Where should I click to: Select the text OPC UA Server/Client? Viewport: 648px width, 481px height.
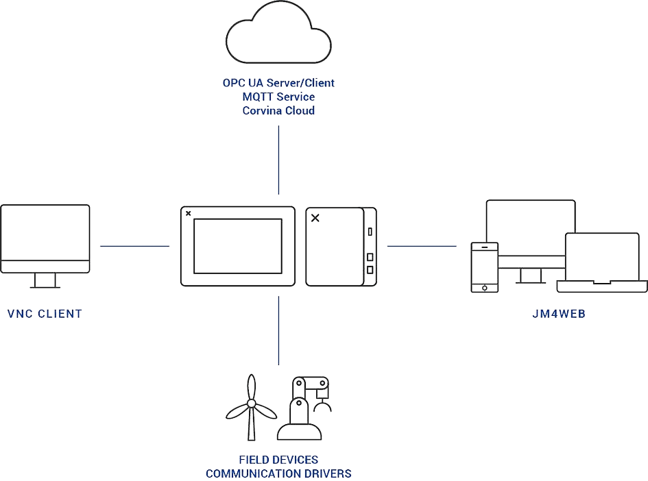pos(278,84)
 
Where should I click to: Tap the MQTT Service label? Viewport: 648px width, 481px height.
pos(278,97)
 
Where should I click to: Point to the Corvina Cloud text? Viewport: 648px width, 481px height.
pos(278,110)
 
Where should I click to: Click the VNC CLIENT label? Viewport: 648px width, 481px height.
pos(45,314)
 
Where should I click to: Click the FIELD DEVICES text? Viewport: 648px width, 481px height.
pos(278,460)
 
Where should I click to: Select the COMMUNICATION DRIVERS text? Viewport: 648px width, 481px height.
pos(278,473)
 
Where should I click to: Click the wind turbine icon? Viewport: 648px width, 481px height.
pos(251,407)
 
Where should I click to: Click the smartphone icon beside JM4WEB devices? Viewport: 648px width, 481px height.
pos(484,268)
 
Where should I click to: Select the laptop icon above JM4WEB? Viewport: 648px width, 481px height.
pos(602,260)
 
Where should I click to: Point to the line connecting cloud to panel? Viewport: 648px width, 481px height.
pos(278,161)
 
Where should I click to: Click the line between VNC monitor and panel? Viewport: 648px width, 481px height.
pos(134,245)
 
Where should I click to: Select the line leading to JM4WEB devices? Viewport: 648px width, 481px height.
pos(422,245)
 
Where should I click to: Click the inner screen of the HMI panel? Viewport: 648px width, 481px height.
pos(238,245)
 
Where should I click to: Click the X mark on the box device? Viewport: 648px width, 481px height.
pos(315,218)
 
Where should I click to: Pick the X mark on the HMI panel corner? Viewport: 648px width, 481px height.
pos(188,213)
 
